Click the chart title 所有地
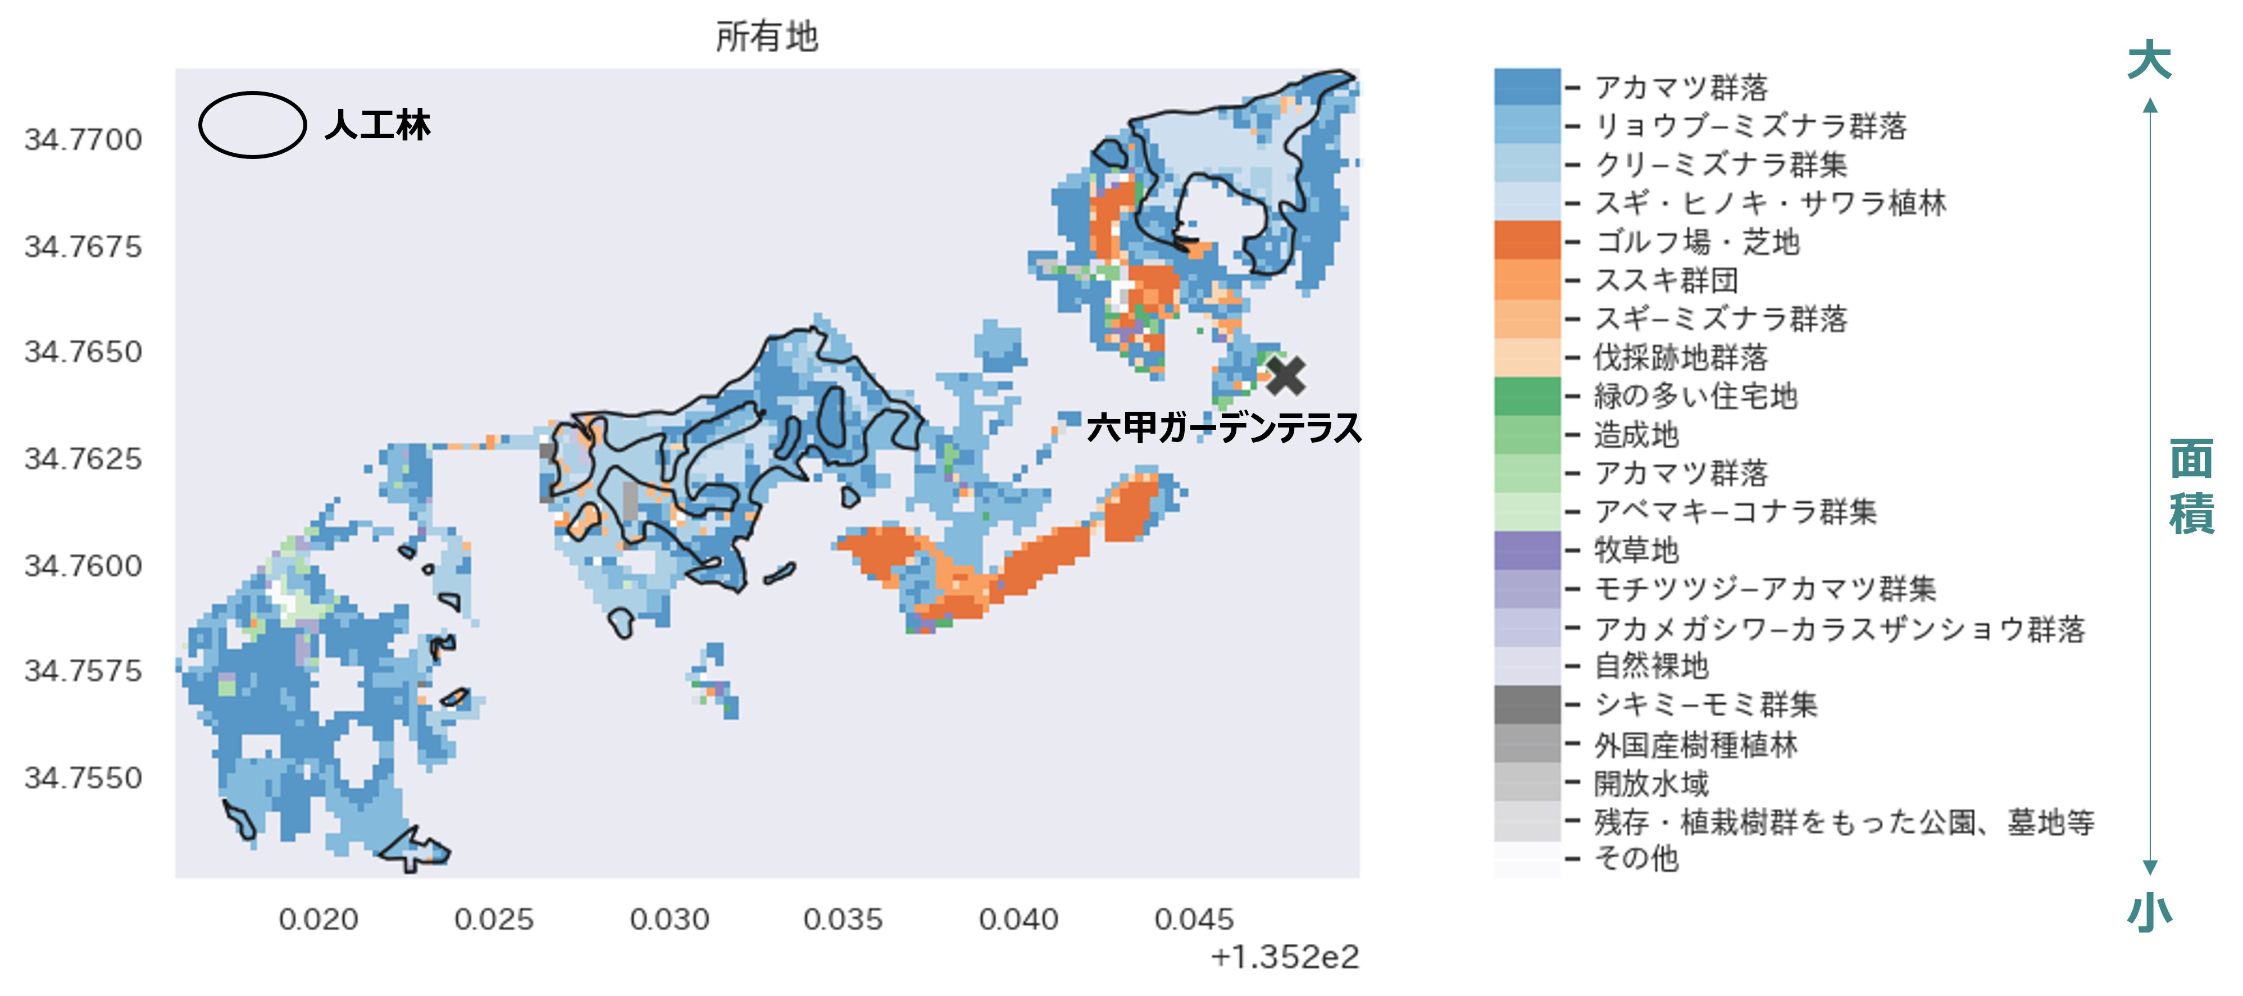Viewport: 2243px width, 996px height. tap(766, 37)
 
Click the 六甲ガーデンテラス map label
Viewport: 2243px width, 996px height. tap(1223, 427)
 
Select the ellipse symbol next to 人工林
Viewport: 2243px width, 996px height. tap(253, 125)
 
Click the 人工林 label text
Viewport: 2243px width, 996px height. tap(377, 125)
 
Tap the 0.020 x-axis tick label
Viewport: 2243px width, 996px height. tap(318, 920)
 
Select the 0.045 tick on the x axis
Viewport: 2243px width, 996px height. tap(1194, 920)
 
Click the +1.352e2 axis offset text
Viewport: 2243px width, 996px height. tap(1284, 957)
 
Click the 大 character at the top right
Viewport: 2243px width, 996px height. tap(2149, 61)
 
